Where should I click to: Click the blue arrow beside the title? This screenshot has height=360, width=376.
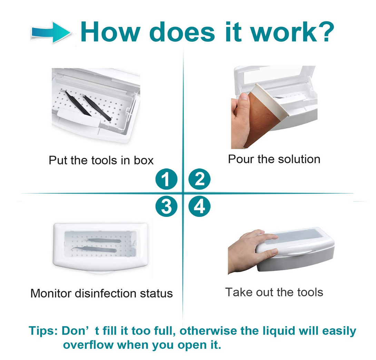pos(51,32)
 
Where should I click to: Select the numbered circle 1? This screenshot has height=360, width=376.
pos(166,179)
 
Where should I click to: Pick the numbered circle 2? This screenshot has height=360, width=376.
pos(199,179)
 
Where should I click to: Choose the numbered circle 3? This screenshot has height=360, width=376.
pos(166,206)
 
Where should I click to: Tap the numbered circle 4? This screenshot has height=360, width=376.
pos(199,206)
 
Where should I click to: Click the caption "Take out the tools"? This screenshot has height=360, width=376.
pos(274,292)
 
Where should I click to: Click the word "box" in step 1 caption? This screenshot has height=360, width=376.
pos(144,160)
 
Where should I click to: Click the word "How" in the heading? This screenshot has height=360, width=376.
pos(110,32)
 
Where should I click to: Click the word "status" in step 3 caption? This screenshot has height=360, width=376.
pos(156,293)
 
